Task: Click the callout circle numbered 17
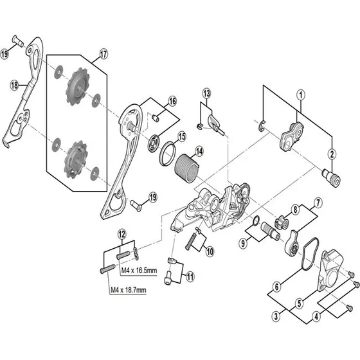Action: [104, 54]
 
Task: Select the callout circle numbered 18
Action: [14, 85]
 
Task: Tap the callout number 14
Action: [199, 152]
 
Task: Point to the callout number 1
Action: [301, 95]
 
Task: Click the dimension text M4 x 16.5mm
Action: [139, 270]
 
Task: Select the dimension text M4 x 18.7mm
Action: [129, 290]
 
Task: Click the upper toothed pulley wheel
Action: [78, 87]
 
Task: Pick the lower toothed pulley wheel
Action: [76, 160]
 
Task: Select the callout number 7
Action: [318, 203]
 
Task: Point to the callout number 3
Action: [276, 316]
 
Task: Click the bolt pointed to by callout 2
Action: [332, 178]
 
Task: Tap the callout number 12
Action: [122, 235]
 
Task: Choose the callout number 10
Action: [210, 251]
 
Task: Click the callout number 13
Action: [206, 93]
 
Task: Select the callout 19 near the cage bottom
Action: [153, 197]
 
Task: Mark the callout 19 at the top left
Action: [4, 55]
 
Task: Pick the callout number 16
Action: [172, 102]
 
